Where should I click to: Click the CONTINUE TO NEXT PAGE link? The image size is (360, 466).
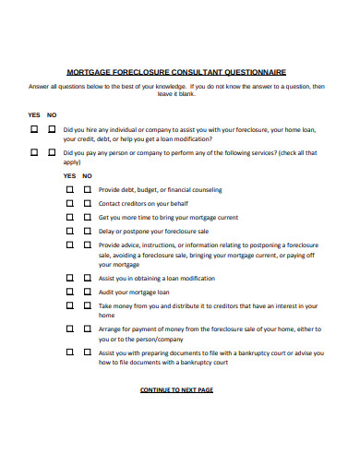(x=176, y=390)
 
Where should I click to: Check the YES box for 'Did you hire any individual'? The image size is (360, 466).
(x=34, y=130)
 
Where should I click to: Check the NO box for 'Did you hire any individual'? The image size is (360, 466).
(x=52, y=130)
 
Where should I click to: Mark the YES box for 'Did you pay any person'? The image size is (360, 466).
(x=34, y=151)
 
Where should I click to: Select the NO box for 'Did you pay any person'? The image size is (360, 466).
(x=52, y=151)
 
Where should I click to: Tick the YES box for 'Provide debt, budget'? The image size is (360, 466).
(x=69, y=190)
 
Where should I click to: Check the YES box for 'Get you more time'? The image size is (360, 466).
(x=69, y=218)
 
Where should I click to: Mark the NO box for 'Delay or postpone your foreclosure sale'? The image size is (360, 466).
(x=87, y=232)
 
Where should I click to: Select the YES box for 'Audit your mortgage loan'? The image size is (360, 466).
(x=69, y=292)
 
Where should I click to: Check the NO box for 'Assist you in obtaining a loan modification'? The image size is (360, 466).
(x=87, y=278)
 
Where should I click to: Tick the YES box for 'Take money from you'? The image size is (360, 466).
(x=69, y=305)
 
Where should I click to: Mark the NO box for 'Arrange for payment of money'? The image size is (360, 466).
(x=87, y=328)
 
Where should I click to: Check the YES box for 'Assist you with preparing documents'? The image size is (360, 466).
(x=69, y=352)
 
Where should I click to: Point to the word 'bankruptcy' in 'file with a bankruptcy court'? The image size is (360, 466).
(x=258, y=352)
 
